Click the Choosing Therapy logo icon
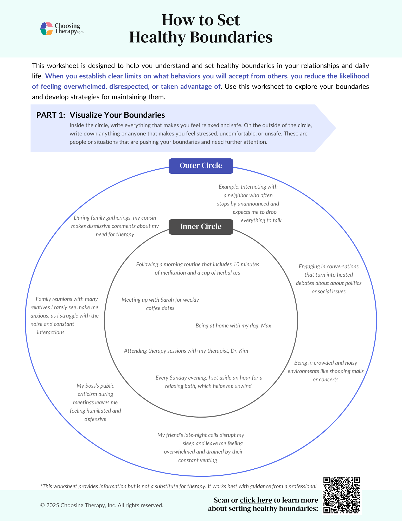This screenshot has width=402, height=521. (x=47, y=29)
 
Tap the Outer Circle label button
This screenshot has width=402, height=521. (x=201, y=166)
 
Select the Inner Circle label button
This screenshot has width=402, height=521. (x=201, y=227)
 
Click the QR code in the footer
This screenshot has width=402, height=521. (x=342, y=495)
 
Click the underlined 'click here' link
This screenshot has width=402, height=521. (x=256, y=500)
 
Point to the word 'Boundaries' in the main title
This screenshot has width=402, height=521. (x=231, y=37)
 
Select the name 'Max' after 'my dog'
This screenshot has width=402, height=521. (x=266, y=326)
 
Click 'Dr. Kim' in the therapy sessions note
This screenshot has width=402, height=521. (x=239, y=351)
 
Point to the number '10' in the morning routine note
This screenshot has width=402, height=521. (x=236, y=264)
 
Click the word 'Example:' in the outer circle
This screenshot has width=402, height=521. (x=229, y=187)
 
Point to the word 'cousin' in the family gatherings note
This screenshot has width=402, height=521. (x=149, y=218)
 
